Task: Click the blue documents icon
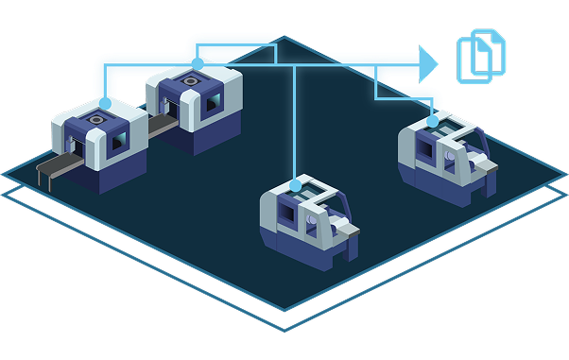[482, 55]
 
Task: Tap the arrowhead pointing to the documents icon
[429, 64]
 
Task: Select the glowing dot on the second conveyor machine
[197, 63]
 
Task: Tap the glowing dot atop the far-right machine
[433, 120]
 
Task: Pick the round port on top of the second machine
[189, 81]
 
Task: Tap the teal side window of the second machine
[215, 99]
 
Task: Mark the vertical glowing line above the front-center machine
[297, 123]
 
